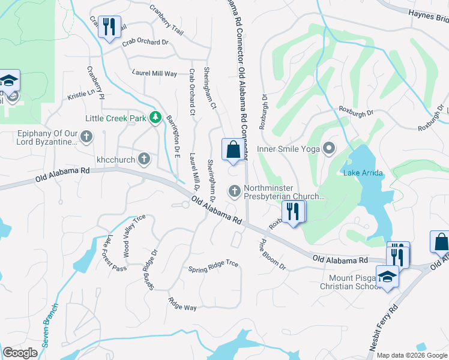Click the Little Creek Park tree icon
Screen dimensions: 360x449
point(156,117)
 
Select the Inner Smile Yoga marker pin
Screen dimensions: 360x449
point(328,148)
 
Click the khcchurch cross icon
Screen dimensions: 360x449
point(143,159)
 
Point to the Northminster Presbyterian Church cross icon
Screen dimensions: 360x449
point(235,191)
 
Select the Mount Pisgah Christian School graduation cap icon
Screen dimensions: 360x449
point(387,277)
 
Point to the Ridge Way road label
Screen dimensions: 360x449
point(182,304)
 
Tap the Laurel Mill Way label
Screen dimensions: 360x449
point(154,73)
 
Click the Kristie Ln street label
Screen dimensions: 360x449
point(81,94)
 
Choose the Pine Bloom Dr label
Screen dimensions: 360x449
point(272,255)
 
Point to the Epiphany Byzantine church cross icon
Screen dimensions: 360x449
point(86,137)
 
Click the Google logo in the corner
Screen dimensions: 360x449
point(20,353)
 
